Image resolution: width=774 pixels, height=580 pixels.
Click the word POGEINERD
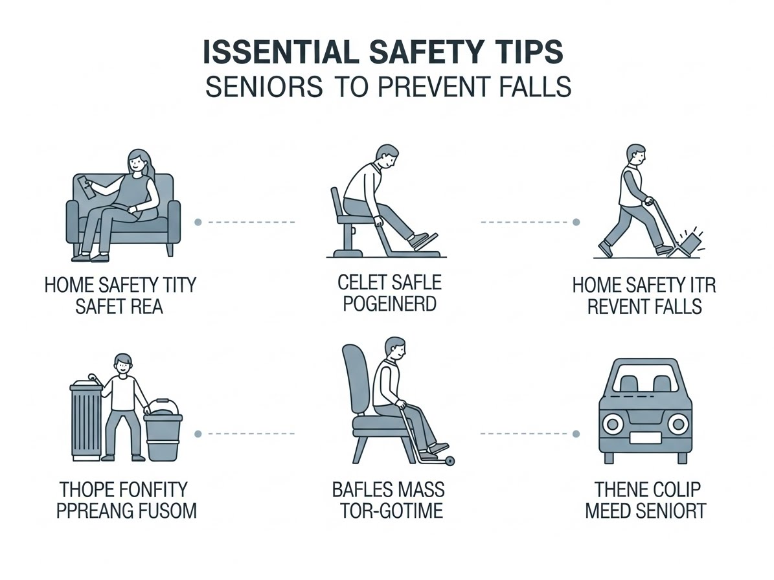[x=389, y=304]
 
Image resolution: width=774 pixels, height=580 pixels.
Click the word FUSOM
[x=169, y=511]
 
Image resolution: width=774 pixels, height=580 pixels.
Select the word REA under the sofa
[x=145, y=306]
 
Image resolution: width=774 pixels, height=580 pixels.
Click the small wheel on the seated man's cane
[x=450, y=462]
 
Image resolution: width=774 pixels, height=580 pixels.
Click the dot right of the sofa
[x=198, y=223]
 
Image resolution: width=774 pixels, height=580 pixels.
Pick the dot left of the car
[x=576, y=434]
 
